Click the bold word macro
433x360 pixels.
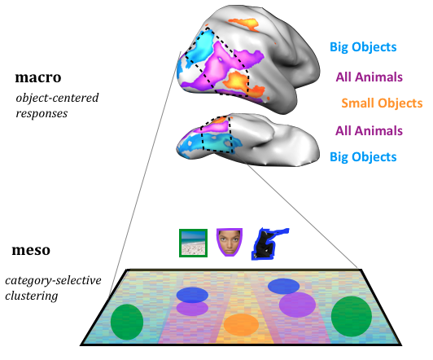(x=38, y=77)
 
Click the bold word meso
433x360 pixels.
(x=31, y=250)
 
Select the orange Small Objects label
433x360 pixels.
(x=382, y=103)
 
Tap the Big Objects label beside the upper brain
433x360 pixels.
(x=363, y=47)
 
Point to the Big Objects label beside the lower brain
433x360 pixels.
(x=363, y=157)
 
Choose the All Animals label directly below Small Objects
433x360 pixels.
(x=369, y=130)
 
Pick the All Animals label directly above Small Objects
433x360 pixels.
(x=369, y=77)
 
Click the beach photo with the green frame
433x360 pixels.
(x=193, y=243)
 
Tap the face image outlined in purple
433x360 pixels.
(x=230, y=242)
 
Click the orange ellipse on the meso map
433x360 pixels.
(x=241, y=325)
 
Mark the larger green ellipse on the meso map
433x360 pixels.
(x=352, y=316)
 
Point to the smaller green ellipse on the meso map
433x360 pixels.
(x=127, y=322)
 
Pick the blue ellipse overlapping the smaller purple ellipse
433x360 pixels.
(x=192, y=295)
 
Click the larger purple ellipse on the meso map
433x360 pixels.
(x=297, y=305)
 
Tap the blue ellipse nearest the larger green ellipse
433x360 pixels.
(x=283, y=286)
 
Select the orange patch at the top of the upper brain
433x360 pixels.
(x=244, y=24)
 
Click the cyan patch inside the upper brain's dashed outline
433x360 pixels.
(x=199, y=47)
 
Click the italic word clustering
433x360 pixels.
(x=32, y=296)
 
